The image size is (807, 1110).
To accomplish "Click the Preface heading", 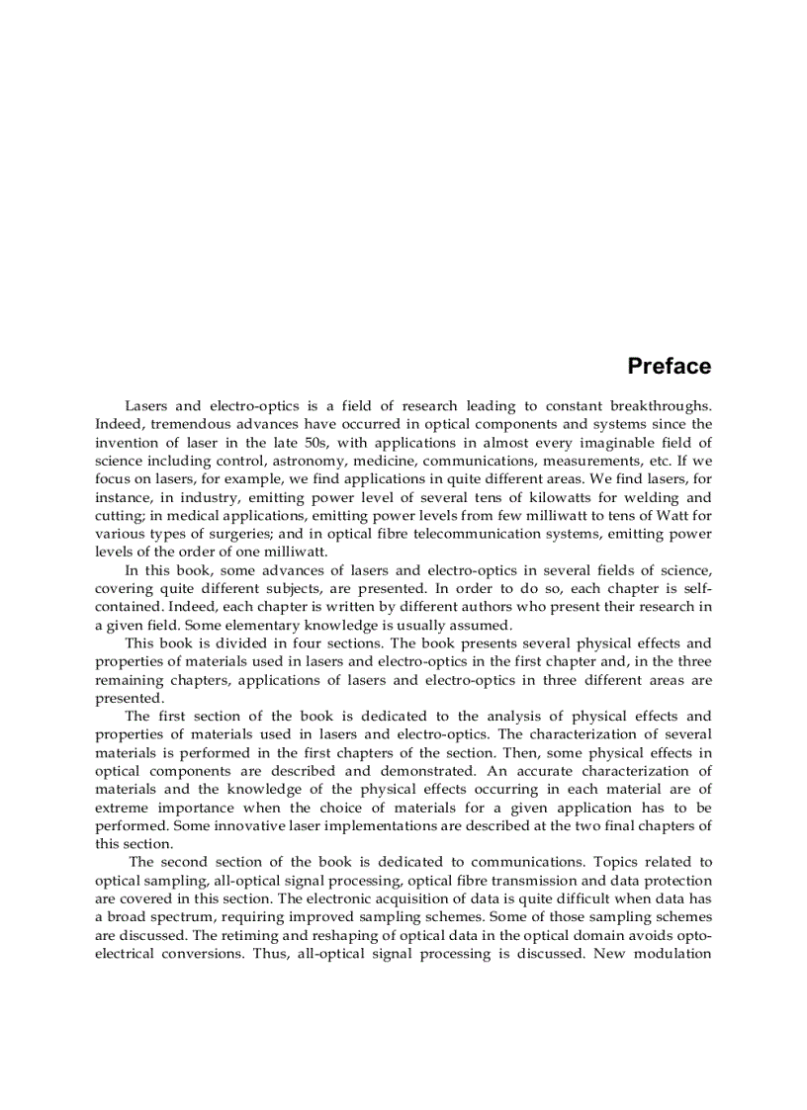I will click(x=669, y=367).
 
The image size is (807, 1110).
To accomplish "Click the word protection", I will click(x=676, y=881).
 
